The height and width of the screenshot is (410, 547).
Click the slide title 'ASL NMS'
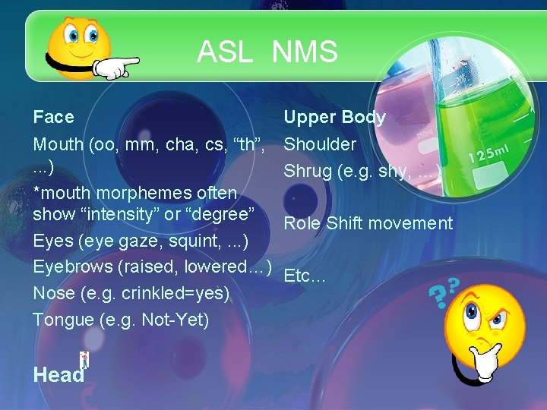(267, 52)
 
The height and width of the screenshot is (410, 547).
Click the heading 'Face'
(53, 117)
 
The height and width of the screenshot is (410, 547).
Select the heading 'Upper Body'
(334, 117)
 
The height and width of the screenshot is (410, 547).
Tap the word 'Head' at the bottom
(58, 374)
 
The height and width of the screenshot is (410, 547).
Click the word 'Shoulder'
(320, 144)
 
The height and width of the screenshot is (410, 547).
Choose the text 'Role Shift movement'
(368, 223)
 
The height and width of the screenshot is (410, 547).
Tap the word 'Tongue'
(63, 320)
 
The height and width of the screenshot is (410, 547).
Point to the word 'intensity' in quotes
(121, 214)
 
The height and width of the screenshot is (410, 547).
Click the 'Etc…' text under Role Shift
(304, 276)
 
